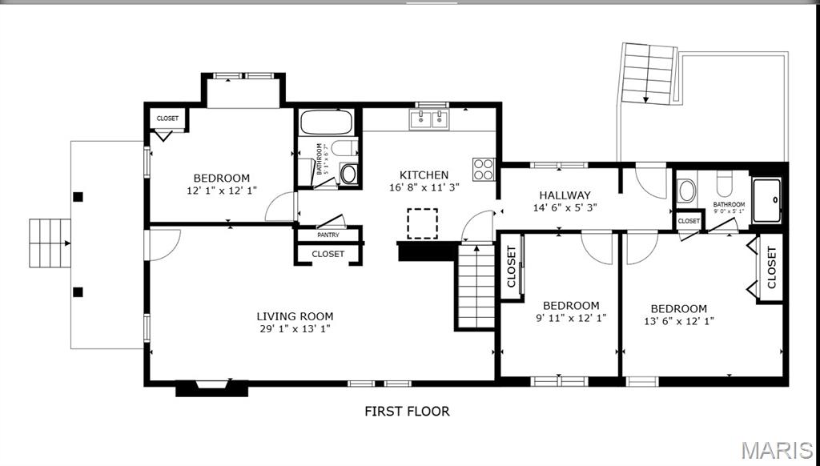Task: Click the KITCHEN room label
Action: pos(424,175)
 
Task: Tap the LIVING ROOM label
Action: pos(295,316)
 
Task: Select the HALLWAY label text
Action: pos(565,195)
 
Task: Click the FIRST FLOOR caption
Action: pos(407,412)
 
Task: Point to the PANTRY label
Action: pos(328,235)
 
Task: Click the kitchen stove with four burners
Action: pos(484,169)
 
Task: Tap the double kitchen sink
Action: pos(430,120)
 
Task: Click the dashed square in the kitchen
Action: pos(422,223)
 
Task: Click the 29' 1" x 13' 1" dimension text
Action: pos(295,329)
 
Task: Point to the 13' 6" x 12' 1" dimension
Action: pos(678,321)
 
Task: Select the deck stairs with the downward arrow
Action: pos(645,74)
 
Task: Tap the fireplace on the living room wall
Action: pos(212,388)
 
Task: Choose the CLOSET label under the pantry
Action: pos(328,254)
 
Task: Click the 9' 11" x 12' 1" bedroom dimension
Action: pos(571,318)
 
